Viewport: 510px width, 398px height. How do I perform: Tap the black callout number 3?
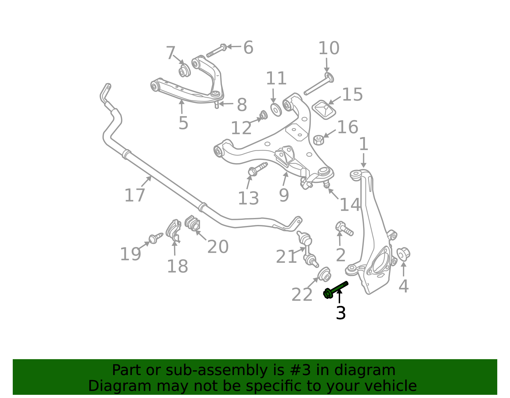[341, 313]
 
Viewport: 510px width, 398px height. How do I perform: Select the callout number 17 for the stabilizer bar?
[135, 195]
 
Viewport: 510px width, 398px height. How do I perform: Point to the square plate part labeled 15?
[324, 109]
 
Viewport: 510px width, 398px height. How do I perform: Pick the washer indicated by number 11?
[276, 109]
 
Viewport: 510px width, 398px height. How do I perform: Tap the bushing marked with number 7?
[184, 71]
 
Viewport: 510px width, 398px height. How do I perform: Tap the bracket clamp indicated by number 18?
[173, 230]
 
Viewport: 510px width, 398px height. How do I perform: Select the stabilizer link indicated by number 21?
[307, 250]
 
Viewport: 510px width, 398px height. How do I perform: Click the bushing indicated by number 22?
[324, 274]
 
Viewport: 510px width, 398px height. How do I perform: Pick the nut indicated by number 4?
[403, 254]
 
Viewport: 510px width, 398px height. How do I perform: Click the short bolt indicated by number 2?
[344, 228]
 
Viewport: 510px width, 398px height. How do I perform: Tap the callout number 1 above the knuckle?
[363, 144]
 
